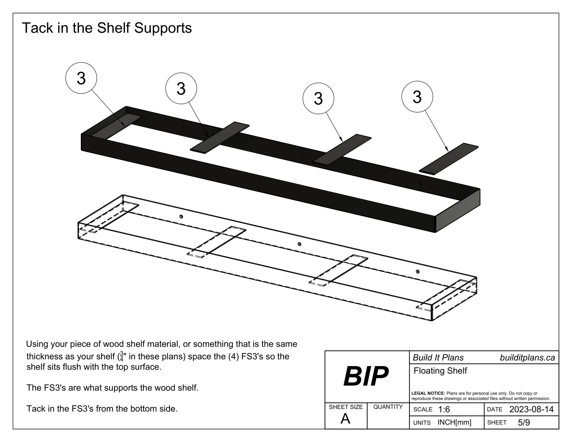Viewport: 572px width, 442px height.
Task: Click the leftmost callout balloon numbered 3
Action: tap(81, 78)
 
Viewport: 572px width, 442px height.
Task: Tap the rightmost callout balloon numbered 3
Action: tap(417, 97)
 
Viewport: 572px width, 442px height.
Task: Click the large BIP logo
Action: tap(366, 376)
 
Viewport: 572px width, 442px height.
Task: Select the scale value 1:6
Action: tap(444, 409)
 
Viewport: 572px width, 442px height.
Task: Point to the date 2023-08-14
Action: tap(531, 409)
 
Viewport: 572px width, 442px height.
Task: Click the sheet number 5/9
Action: tap(524, 422)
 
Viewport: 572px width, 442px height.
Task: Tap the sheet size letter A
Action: tap(345, 419)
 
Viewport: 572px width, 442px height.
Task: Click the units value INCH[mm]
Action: tap(454, 422)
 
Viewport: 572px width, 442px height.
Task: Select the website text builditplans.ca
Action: tap(527, 358)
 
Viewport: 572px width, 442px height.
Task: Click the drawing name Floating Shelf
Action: tap(440, 371)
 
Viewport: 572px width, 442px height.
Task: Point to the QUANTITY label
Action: tap(388, 407)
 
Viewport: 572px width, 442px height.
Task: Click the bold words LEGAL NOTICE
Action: tap(428, 393)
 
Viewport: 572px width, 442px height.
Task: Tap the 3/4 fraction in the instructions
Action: tap(121, 356)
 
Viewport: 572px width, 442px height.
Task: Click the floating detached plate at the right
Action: tap(449, 159)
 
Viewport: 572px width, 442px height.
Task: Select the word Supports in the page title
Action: tap(163, 28)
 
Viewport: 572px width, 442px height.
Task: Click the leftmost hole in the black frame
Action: tap(185, 128)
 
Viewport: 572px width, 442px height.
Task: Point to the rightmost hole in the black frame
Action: tap(421, 183)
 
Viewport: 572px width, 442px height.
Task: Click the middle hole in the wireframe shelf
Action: tap(300, 244)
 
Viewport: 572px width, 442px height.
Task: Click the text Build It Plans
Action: tap(438, 358)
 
